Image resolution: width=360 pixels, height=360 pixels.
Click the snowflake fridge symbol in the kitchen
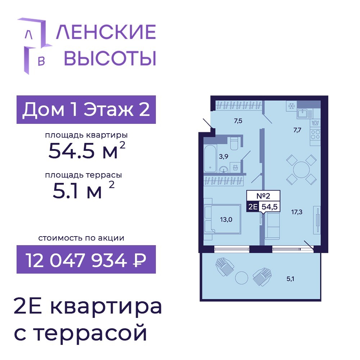point(292,106)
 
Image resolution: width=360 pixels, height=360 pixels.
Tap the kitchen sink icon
point(305,113)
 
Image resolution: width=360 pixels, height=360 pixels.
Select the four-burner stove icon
point(315,135)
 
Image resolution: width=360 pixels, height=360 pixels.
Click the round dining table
point(301,170)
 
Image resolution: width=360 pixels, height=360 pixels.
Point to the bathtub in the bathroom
point(210,158)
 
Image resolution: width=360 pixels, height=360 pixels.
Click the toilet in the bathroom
point(234,144)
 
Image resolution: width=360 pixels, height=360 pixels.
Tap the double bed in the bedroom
point(222,219)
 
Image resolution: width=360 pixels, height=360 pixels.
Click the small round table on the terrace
point(242,278)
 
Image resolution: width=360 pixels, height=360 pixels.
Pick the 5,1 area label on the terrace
point(290,279)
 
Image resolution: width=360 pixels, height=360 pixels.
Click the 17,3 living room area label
point(297,212)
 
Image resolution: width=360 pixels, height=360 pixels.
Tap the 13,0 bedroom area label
point(226,220)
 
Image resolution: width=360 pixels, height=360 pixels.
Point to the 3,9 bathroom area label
point(224,157)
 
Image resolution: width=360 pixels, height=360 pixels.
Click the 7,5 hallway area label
point(238,121)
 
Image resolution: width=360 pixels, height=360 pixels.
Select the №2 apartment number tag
point(263,196)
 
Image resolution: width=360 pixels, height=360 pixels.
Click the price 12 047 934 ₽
point(86,260)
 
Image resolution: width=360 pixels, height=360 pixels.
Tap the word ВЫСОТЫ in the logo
point(110,58)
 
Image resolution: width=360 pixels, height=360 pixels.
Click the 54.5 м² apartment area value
point(87,150)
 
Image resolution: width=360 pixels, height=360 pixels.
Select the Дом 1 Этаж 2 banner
point(86,109)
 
